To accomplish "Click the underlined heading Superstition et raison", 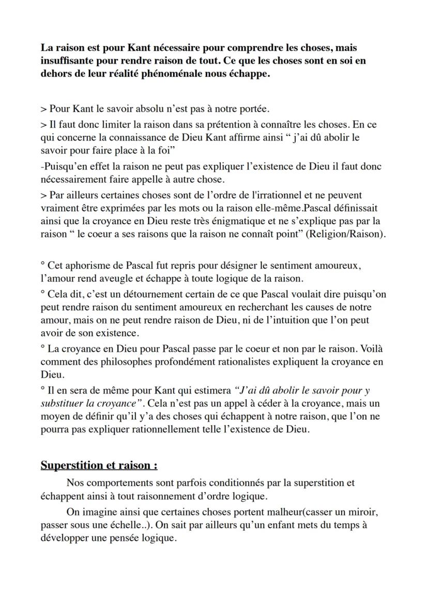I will [99, 465].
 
